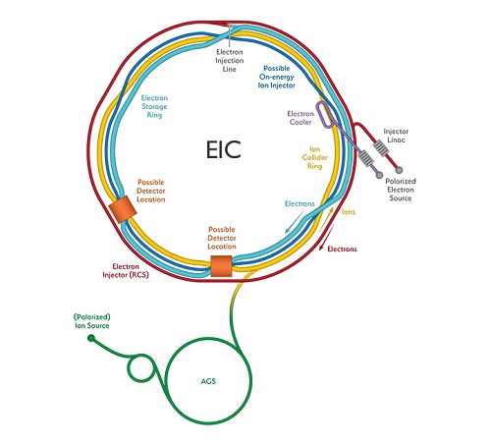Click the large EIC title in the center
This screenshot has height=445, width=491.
[x=224, y=149]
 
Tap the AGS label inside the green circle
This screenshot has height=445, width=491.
[x=208, y=381]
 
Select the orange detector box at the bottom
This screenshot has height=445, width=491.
[x=221, y=266]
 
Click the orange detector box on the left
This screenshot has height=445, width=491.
[x=122, y=209]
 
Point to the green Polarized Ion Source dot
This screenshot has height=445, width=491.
[x=91, y=338]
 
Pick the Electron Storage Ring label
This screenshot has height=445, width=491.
[x=154, y=106]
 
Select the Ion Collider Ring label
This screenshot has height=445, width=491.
[x=314, y=157]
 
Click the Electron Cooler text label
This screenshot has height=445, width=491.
[x=300, y=118]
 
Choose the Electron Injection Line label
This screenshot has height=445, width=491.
[x=230, y=61]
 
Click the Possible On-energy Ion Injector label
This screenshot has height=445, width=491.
[x=277, y=77]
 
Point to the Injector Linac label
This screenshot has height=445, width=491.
[x=396, y=136]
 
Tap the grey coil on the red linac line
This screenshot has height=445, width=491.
[x=381, y=148]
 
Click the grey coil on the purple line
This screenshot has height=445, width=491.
[x=365, y=158]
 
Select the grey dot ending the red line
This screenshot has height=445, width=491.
[x=399, y=170]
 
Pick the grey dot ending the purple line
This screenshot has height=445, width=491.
[x=379, y=175]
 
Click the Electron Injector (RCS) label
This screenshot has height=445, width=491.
[x=126, y=271]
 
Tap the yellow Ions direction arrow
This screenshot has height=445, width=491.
[x=326, y=220]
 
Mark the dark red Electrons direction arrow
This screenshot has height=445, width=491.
[x=327, y=238]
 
